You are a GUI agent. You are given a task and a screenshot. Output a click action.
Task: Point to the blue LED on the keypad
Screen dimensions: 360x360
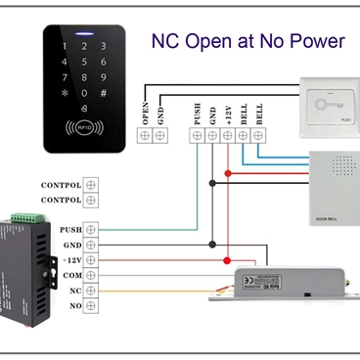point(84,32)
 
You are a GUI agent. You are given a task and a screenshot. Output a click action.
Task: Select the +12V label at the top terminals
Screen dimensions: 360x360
point(227,113)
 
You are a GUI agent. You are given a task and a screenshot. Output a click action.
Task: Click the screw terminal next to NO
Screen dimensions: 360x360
point(91,307)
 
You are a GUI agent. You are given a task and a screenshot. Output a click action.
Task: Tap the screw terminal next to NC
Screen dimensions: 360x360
point(91,292)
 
